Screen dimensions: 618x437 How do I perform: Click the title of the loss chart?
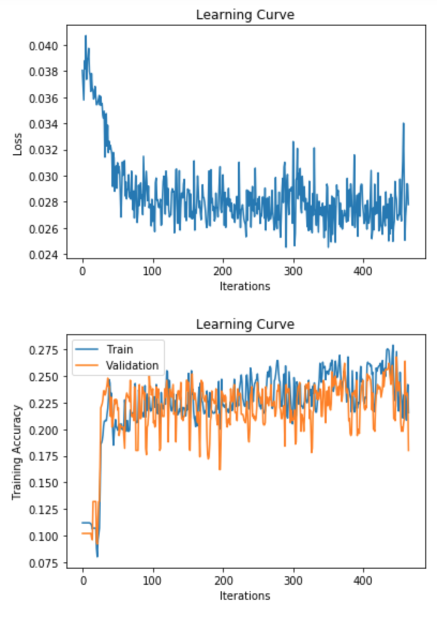pyautogui.click(x=245, y=14)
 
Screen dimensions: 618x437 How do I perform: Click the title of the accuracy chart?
pyautogui.click(x=245, y=324)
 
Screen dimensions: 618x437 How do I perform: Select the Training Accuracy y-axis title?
pyautogui.click(x=17, y=453)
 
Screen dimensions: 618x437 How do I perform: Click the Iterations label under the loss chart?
pyautogui.click(x=245, y=287)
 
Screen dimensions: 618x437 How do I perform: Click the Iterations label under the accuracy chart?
pyautogui.click(x=245, y=596)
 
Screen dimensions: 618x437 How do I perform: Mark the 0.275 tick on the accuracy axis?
pyautogui.click(x=43, y=350)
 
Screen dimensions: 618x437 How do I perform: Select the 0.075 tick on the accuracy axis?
pyautogui.click(x=43, y=562)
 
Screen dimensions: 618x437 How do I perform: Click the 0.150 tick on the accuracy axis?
pyautogui.click(x=43, y=483)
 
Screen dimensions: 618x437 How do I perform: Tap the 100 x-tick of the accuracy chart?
pyautogui.click(x=153, y=579)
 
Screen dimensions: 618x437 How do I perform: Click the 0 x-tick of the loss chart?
pyautogui.click(x=83, y=270)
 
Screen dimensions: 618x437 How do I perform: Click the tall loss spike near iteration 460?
pyautogui.click(x=404, y=124)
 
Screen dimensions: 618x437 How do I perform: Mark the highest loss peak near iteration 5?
pyautogui.click(x=86, y=36)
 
